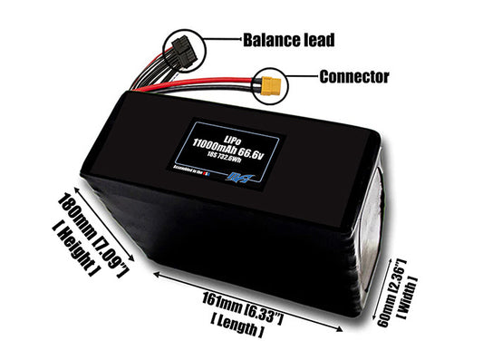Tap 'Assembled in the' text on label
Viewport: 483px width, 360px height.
tap(193, 168)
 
